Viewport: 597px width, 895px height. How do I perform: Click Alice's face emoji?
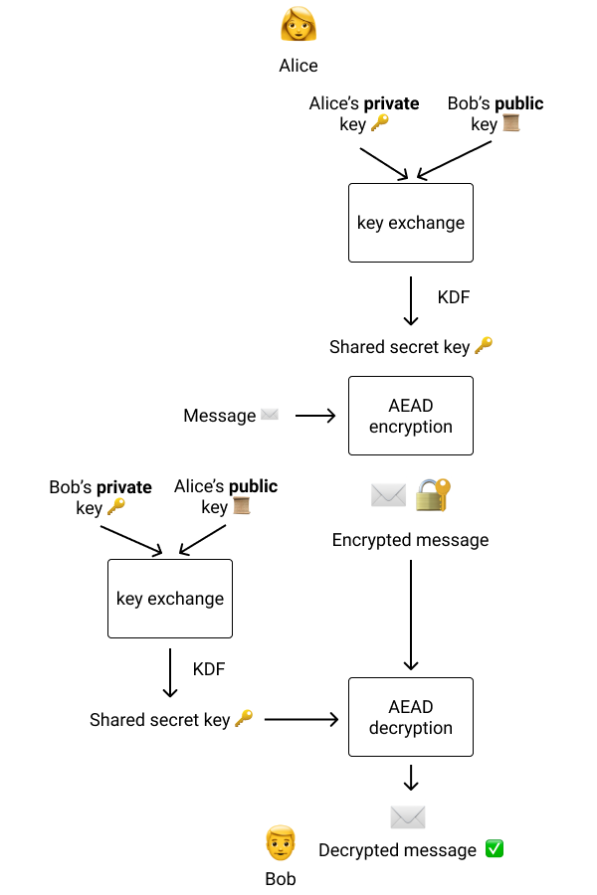click(298, 25)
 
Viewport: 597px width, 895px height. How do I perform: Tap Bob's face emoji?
click(281, 843)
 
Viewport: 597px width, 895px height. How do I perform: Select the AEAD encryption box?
click(410, 416)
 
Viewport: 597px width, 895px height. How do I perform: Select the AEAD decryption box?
click(410, 717)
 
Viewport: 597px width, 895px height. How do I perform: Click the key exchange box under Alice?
click(410, 223)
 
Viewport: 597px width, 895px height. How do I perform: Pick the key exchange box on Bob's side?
click(170, 599)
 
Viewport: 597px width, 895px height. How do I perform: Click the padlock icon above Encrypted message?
click(433, 495)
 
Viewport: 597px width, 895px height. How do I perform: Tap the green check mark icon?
click(494, 848)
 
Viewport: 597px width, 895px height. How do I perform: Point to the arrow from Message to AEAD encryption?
click(315, 416)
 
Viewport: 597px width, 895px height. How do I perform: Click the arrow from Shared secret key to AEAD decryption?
click(301, 719)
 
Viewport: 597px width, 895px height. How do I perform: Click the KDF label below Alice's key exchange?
click(454, 297)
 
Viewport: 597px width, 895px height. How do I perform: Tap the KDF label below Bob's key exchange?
click(209, 669)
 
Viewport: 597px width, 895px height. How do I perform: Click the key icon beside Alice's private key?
click(380, 124)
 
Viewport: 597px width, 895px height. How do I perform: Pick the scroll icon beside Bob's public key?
click(511, 124)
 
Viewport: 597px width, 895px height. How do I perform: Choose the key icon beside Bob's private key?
click(116, 507)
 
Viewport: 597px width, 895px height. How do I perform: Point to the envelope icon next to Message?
click(270, 415)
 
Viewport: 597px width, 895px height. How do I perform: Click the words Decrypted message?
click(397, 850)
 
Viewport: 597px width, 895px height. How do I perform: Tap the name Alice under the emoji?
click(298, 66)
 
